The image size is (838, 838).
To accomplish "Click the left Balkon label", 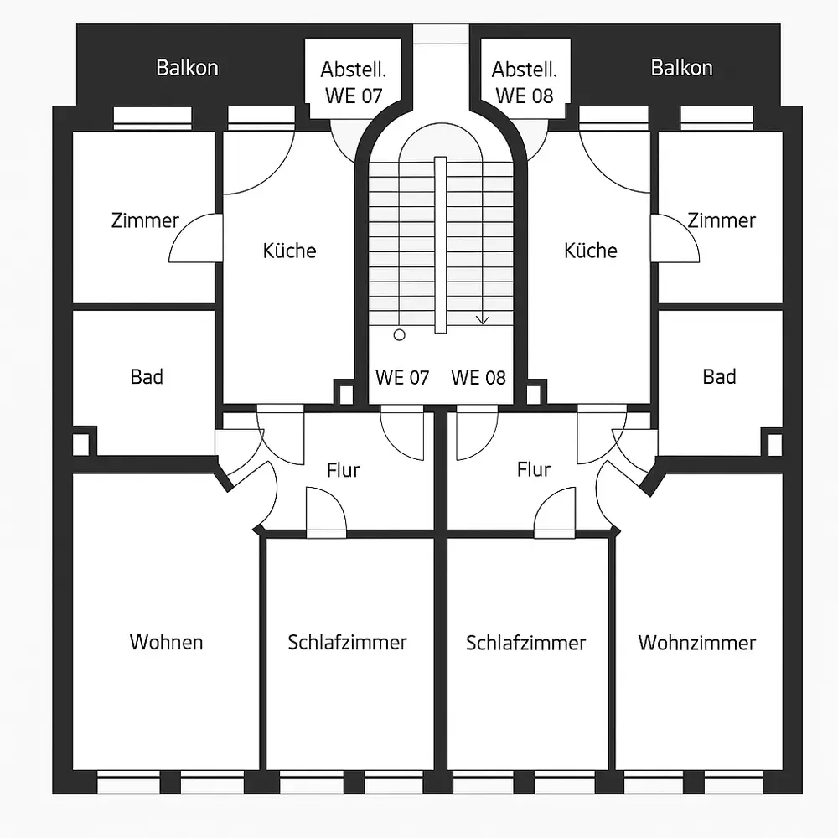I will click(x=187, y=68).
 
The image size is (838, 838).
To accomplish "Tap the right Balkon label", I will click(x=681, y=68).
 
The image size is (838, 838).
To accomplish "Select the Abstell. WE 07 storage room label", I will click(x=352, y=82).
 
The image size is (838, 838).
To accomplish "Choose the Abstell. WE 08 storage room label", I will click(x=524, y=82).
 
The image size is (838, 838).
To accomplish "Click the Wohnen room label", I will click(x=166, y=643).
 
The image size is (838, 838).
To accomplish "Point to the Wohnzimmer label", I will click(x=696, y=643).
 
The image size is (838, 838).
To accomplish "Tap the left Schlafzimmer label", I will click(x=347, y=643).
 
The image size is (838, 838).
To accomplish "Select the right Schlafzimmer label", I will click(x=525, y=643).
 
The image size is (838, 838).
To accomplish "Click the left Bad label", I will click(x=147, y=377).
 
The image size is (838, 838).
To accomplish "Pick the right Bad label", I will click(x=719, y=377).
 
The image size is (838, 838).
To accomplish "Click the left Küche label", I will click(x=289, y=251).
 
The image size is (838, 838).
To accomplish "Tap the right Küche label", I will click(x=590, y=251).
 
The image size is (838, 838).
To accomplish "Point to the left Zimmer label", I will click(x=145, y=220).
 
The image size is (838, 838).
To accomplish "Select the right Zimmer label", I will click(x=722, y=220).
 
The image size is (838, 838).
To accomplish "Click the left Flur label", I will click(x=343, y=470).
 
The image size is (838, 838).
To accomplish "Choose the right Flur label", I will click(x=533, y=470).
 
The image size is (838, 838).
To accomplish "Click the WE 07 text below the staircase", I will click(x=402, y=377).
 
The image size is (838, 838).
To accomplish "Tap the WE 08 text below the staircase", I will click(x=478, y=377).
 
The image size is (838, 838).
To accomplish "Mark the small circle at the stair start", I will click(x=399, y=334).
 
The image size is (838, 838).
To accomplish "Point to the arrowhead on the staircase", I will click(x=482, y=320).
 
